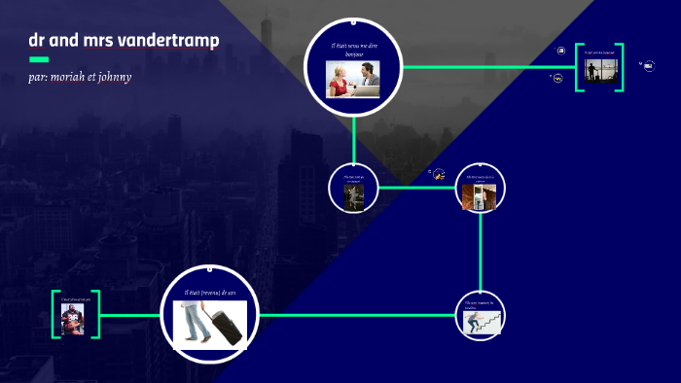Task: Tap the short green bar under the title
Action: coord(38,58)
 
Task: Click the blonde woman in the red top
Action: coord(340,80)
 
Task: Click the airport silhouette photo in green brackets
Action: coord(598,71)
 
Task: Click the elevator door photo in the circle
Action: coord(481,195)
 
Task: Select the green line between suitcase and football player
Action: coord(130,315)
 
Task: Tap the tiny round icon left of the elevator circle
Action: coord(439,175)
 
